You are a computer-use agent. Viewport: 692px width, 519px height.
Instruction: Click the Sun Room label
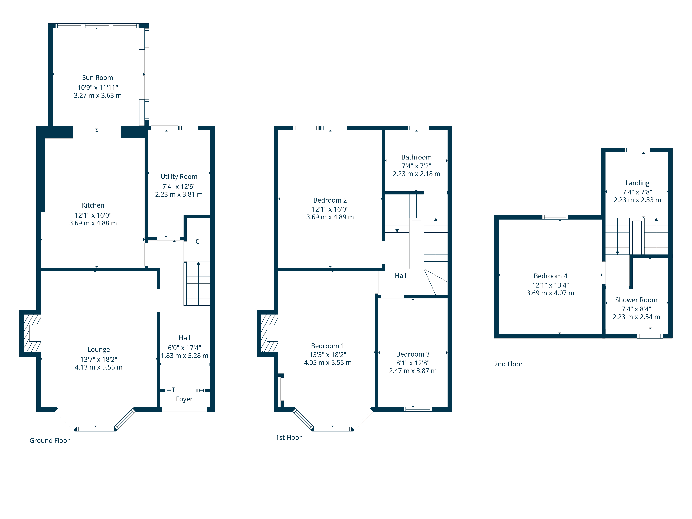pos(98,78)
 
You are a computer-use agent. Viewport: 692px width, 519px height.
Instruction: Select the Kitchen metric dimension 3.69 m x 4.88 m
pos(93,223)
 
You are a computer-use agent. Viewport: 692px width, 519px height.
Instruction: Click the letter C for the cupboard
pos(197,241)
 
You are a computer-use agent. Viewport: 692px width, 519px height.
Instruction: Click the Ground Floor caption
pos(49,440)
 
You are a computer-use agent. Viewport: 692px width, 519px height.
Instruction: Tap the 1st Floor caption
pos(288,437)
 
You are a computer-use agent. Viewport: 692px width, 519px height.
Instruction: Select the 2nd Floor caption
pos(508,364)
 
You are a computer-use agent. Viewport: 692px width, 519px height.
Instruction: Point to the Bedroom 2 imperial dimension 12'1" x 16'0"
pos(330,209)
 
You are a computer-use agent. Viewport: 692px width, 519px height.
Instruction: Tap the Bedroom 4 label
pos(550,276)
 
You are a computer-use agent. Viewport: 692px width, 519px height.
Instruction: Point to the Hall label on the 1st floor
pos(400,276)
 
